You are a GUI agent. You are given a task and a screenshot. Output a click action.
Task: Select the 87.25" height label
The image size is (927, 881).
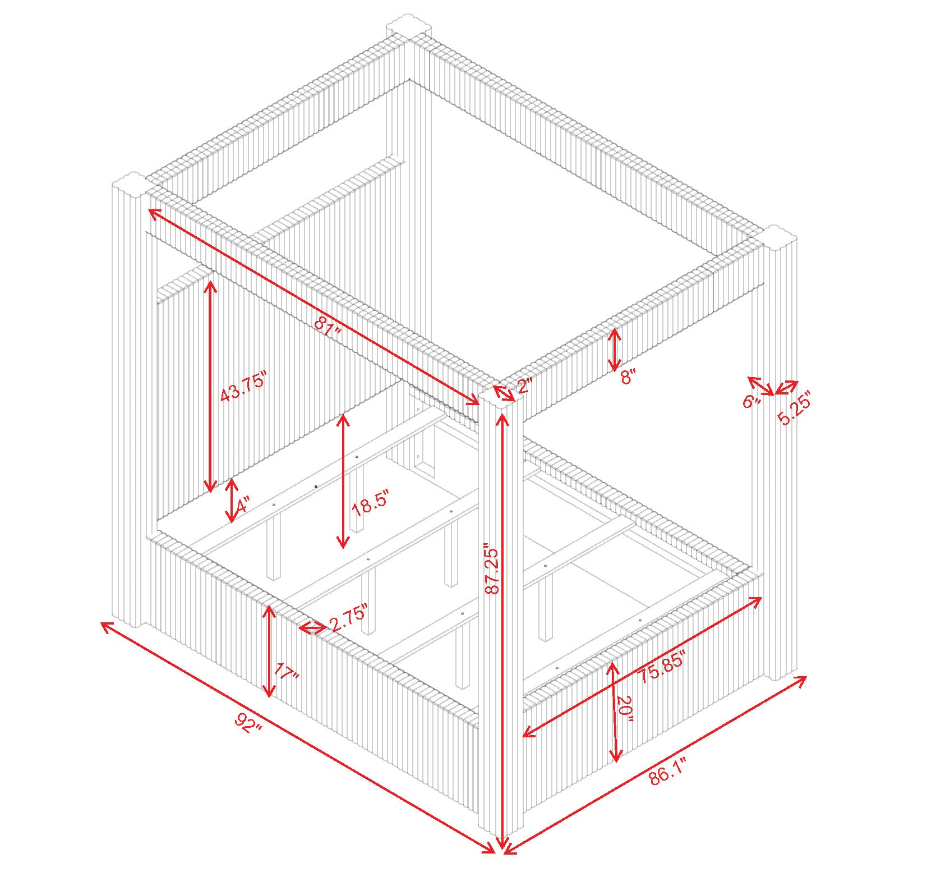tap(492, 568)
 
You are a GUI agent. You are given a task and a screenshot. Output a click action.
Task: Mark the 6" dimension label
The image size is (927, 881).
tap(751, 401)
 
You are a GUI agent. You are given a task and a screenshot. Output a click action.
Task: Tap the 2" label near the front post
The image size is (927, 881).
tap(524, 386)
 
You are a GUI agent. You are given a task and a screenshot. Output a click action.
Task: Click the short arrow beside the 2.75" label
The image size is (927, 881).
tap(312, 628)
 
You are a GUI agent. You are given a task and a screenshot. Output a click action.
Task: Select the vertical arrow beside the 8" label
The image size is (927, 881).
tap(615, 350)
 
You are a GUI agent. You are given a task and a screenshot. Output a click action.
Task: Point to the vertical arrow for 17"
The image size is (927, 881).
tap(270, 651)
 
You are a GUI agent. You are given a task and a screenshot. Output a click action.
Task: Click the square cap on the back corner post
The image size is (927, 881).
tap(409, 31)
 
